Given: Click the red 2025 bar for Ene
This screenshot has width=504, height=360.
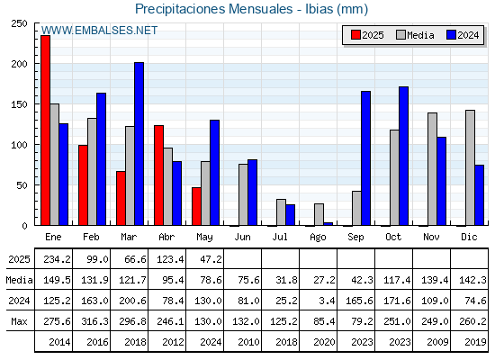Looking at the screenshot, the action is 45,130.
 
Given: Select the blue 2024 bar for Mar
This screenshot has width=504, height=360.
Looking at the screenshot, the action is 139,144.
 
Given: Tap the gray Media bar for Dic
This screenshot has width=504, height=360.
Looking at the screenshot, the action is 470,167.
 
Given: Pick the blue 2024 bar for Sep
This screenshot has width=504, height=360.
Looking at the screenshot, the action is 365,158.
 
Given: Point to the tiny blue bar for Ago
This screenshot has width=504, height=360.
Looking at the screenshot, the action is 328,224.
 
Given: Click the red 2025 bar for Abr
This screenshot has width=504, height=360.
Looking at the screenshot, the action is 158,175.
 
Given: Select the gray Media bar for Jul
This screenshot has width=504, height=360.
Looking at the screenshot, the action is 281,212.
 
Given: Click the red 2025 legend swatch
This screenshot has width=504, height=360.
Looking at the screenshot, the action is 355,35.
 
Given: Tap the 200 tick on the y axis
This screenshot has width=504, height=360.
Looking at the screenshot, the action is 20,64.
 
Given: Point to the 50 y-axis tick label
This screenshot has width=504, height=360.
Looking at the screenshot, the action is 22,185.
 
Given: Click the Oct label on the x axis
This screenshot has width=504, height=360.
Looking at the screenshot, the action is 393,237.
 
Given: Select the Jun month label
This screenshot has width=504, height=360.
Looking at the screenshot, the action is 242,237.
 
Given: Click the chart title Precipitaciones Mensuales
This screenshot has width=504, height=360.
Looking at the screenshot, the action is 214,9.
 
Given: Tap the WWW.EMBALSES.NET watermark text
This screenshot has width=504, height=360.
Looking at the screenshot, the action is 99,31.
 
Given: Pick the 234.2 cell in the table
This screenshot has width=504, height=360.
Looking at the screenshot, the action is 57,259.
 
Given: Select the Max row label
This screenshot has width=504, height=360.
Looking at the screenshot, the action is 19,321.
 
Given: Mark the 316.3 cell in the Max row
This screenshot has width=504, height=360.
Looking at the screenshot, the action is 94,321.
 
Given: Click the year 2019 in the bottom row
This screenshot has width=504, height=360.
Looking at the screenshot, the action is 475,342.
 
